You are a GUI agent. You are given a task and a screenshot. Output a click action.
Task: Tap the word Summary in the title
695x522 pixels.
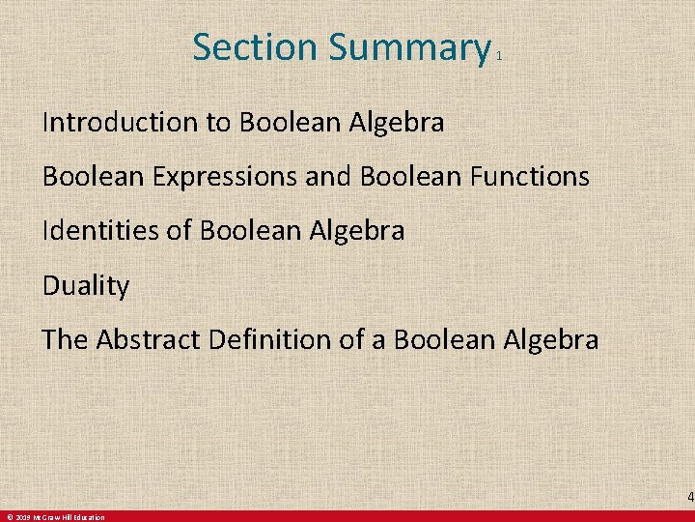[409, 46]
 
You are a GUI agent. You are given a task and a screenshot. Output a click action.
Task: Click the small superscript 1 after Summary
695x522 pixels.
[498, 57]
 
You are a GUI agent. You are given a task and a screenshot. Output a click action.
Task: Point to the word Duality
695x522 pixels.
[86, 286]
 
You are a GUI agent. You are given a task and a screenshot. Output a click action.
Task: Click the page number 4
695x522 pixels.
[689, 498]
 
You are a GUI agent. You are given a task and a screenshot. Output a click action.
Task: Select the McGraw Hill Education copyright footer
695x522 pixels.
[54, 517]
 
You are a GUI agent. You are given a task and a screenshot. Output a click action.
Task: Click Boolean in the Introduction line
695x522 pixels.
[284, 123]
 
